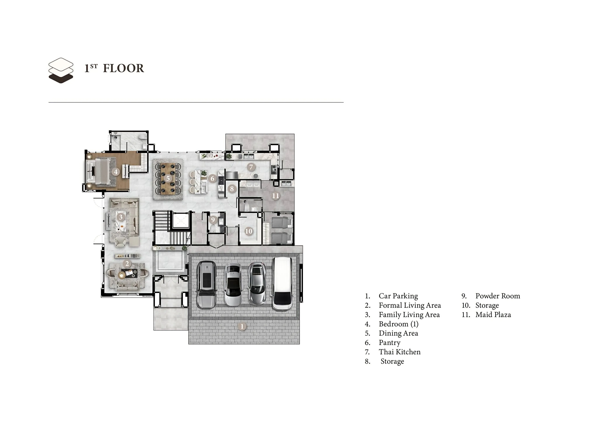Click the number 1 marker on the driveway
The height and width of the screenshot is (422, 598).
click(x=242, y=326)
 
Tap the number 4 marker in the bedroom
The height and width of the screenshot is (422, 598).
click(x=116, y=172)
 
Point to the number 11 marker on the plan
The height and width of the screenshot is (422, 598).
click(x=275, y=196)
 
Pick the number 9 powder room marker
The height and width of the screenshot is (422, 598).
click(x=213, y=220)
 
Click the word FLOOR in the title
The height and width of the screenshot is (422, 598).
click(x=124, y=68)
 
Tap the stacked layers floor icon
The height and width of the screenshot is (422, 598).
click(x=61, y=71)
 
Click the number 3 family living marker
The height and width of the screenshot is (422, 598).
click(x=121, y=217)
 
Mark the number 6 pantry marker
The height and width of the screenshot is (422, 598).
click(x=212, y=178)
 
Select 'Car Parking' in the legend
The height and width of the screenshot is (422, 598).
click(x=398, y=296)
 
